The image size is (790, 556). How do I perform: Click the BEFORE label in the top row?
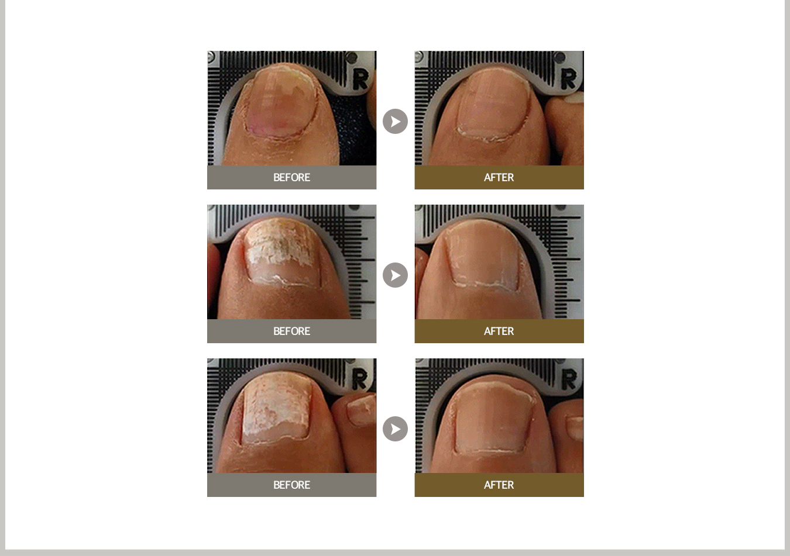click(291, 177)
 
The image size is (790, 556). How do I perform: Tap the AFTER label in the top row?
click(499, 177)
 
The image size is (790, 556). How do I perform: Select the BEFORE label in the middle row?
click(291, 331)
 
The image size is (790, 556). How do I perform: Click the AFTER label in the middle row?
click(499, 331)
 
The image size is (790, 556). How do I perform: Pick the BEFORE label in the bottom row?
click(291, 485)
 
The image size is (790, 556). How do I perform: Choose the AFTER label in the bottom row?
click(499, 485)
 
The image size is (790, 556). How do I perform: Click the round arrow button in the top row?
click(395, 121)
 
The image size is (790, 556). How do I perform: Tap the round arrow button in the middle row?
click(395, 275)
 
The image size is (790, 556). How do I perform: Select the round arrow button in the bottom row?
click(395, 429)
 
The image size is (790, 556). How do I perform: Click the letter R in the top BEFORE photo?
click(361, 79)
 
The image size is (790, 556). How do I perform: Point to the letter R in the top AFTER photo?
click(568, 79)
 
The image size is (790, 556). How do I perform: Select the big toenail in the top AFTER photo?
click(493, 104)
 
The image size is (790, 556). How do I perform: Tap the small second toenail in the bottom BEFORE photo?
click(361, 409)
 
